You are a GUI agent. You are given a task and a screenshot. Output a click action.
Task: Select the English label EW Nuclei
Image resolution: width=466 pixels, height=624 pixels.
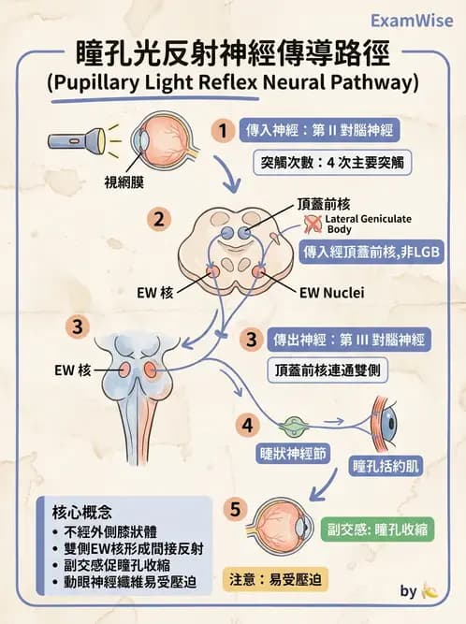tap(330, 292)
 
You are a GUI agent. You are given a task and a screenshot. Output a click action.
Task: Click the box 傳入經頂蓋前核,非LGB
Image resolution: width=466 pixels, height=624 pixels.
tap(371, 253)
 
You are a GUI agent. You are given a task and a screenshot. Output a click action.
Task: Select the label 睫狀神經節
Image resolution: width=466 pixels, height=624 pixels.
tap(294, 453)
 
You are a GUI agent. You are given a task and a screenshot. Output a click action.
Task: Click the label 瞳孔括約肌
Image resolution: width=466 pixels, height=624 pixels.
tap(385, 465)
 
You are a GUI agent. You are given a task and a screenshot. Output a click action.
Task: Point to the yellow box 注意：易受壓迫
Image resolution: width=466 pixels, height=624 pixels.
tap(276, 579)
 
